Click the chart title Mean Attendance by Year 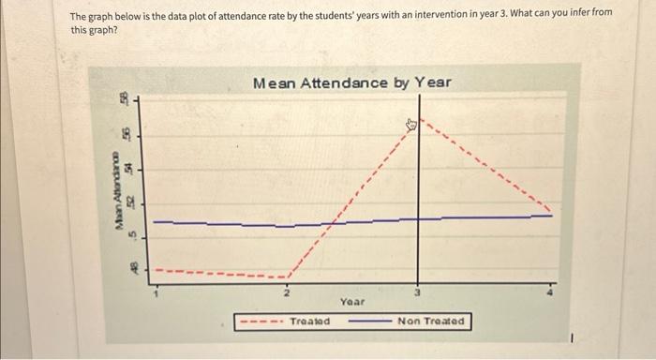[351, 82]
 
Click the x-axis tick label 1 [157, 293]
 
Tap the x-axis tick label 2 [287, 293]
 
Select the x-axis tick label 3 [419, 293]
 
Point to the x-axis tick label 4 [551, 293]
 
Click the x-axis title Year [352, 302]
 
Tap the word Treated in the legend [310, 322]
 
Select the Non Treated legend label [430, 322]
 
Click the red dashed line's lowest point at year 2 [287, 277]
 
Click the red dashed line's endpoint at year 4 [551, 211]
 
